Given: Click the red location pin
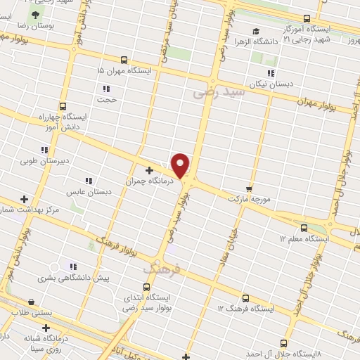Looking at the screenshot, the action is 181,164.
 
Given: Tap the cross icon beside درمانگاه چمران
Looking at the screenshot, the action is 149,169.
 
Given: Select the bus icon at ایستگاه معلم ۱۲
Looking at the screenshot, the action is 304,228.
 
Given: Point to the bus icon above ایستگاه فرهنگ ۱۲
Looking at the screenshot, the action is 245,297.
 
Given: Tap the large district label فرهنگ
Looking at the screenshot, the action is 162,267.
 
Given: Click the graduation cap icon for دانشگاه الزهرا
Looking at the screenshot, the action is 256,31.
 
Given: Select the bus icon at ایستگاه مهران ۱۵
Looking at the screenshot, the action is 124,60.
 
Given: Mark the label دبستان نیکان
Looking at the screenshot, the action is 271,84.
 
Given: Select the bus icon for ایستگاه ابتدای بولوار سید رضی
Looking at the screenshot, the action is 146,287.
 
